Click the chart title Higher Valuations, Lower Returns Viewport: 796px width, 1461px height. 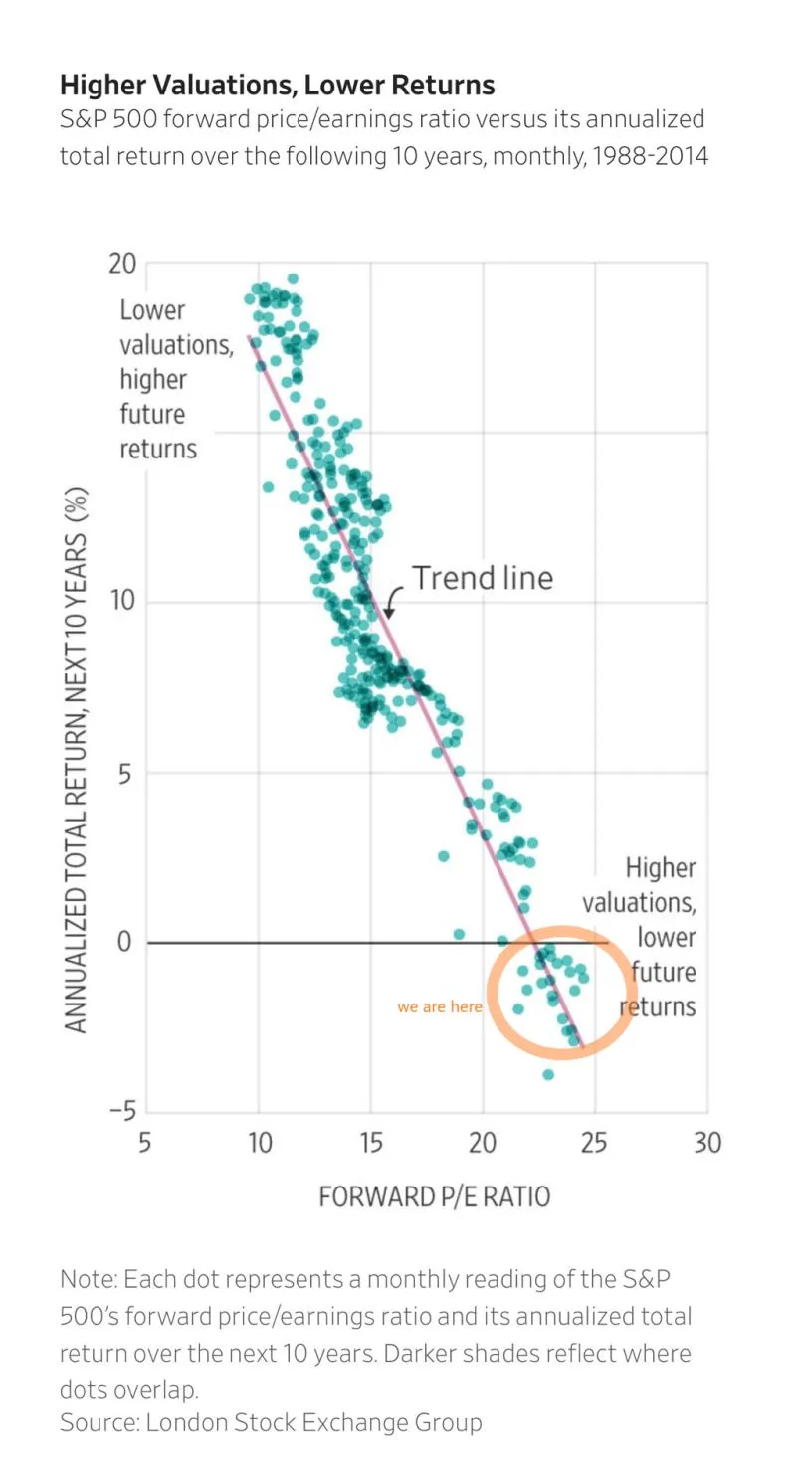point(277,84)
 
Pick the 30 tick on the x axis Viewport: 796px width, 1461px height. point(706,1142)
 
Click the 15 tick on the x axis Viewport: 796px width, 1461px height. point(370,1142)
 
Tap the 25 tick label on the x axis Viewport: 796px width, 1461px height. point(594,1142)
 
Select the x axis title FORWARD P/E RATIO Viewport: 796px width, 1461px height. point(434,1195)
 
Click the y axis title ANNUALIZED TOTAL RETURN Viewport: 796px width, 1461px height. point(77,761)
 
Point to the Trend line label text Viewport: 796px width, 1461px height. point(483,577)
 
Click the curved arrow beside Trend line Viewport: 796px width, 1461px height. point(393,600)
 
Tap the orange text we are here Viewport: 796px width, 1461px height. point(439,1006)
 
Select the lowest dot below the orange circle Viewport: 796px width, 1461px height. point(548,1074)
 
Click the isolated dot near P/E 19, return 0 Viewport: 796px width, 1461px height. point(459,934)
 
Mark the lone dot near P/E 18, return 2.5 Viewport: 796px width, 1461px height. point(444,855)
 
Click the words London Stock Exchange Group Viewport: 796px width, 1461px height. point(313,1422)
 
